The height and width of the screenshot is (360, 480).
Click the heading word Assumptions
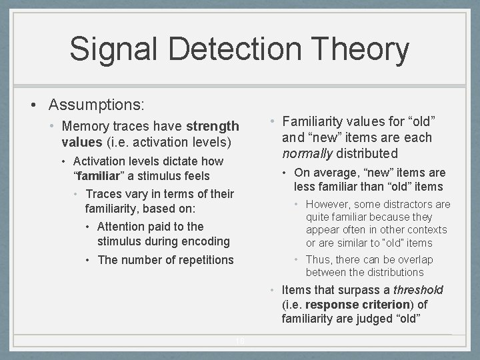pos(97,105)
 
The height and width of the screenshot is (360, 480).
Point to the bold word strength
pos(213,126)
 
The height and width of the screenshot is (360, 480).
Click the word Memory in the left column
pos(85,126)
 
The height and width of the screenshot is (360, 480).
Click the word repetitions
pos(200,260)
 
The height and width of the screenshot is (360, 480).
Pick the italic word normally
pos(307,153)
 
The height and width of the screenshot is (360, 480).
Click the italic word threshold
pos(418,290)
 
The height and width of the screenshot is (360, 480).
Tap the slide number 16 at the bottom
pos(240,341)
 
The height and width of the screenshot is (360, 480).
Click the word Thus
pos(317,260)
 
